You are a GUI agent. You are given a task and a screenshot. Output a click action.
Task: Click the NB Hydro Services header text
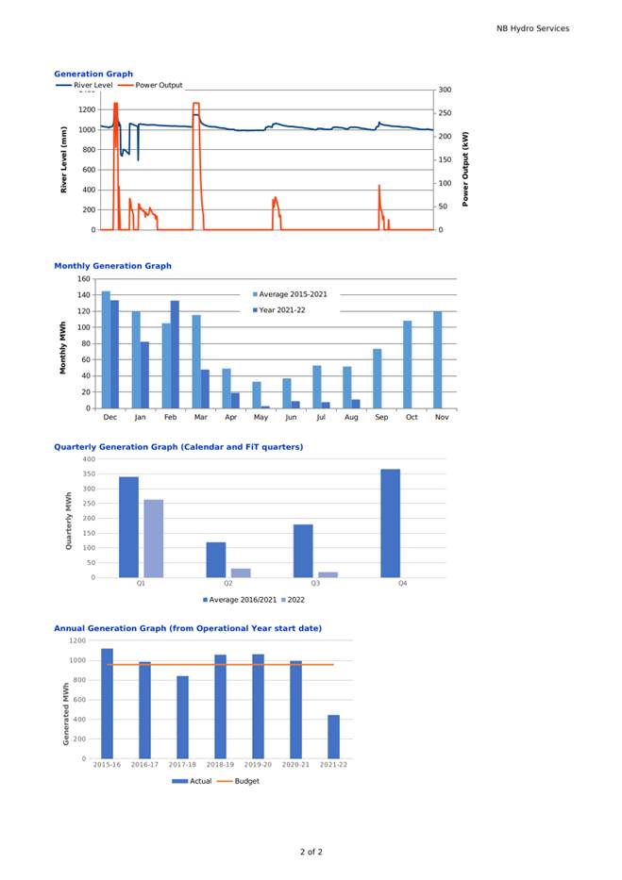pyautogui.click(x=532, y=28)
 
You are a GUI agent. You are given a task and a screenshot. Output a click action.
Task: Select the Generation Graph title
pyautogui.click(x=93, y=74)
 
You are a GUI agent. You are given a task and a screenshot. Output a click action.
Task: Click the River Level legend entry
pyautogui.click(x=85, y=85)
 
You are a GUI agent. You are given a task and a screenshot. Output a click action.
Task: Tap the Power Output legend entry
pyautogui.click(x=150, y=85)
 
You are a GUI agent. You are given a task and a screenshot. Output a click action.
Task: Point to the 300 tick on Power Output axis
pyautogui.click(x=445, y=90)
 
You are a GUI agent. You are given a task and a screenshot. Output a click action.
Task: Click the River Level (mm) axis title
pyautogui.click(x=63, y=160)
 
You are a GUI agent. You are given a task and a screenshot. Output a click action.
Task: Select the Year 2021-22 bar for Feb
pyautogui.click(x=175, y=354)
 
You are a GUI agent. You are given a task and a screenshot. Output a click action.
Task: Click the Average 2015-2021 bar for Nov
pyautogui.click(x=438, y=359)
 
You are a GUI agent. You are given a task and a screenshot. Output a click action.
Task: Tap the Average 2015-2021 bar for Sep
pyautogui.click(x=378, y=378)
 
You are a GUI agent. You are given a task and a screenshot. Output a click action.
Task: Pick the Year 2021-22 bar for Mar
pyautogui.click(x=205, y=389)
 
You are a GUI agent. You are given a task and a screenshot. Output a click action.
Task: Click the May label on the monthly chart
pyautogui.click(x=261, y=417)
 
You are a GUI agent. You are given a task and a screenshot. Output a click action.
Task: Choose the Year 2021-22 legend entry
pyautogui.click(x=279, y=309)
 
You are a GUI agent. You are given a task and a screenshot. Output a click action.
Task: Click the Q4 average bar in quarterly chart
pyautogui.click(x=390, y=523)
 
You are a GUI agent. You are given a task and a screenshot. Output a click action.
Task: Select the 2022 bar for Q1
pyautogui.click(x=154, y=539)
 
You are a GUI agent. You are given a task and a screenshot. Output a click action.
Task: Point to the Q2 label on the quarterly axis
pyautogui.click(x=227, y=584)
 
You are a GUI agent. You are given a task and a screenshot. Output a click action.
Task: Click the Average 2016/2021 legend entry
pyautogui.click(x=240, y=599)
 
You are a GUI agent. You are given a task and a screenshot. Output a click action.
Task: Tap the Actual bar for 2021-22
pyautogui.click(x=333, y=737)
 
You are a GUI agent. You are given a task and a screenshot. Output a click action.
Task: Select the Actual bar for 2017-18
pyautogui.click(x=182, y=717)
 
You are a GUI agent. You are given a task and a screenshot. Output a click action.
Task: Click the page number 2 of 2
pyautogui.click(x=311, y=852)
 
